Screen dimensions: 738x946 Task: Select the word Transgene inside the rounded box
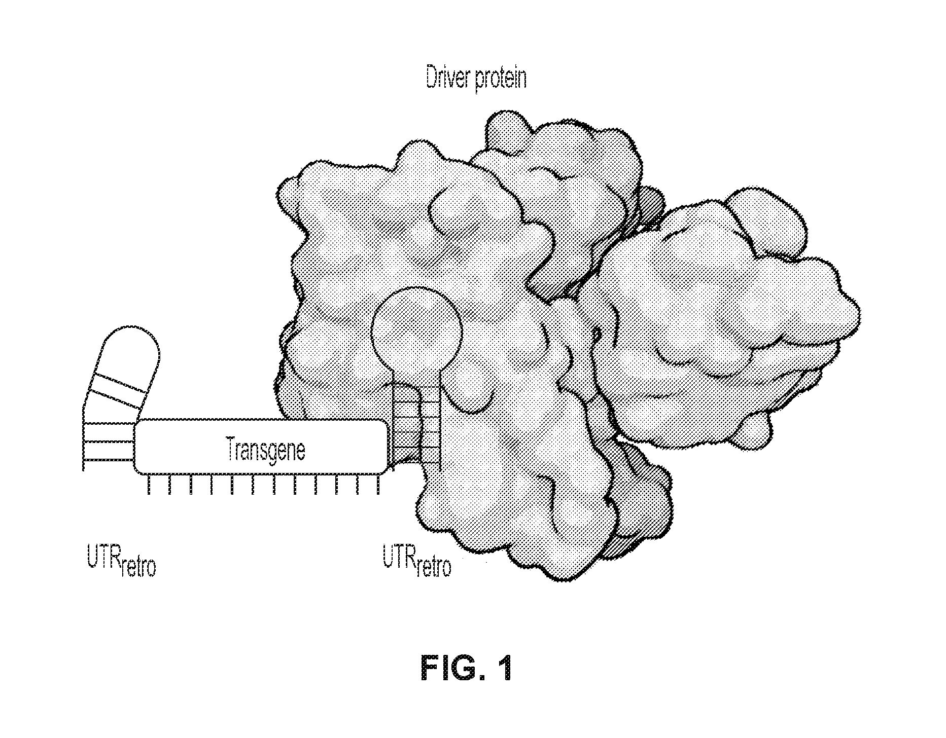pyautogui.click(x=265, y=450)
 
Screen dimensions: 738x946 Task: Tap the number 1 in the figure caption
pyautogui.click(x=502, y=670)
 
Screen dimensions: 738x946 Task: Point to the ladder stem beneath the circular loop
pyautogui.click(x=416, y=426)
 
